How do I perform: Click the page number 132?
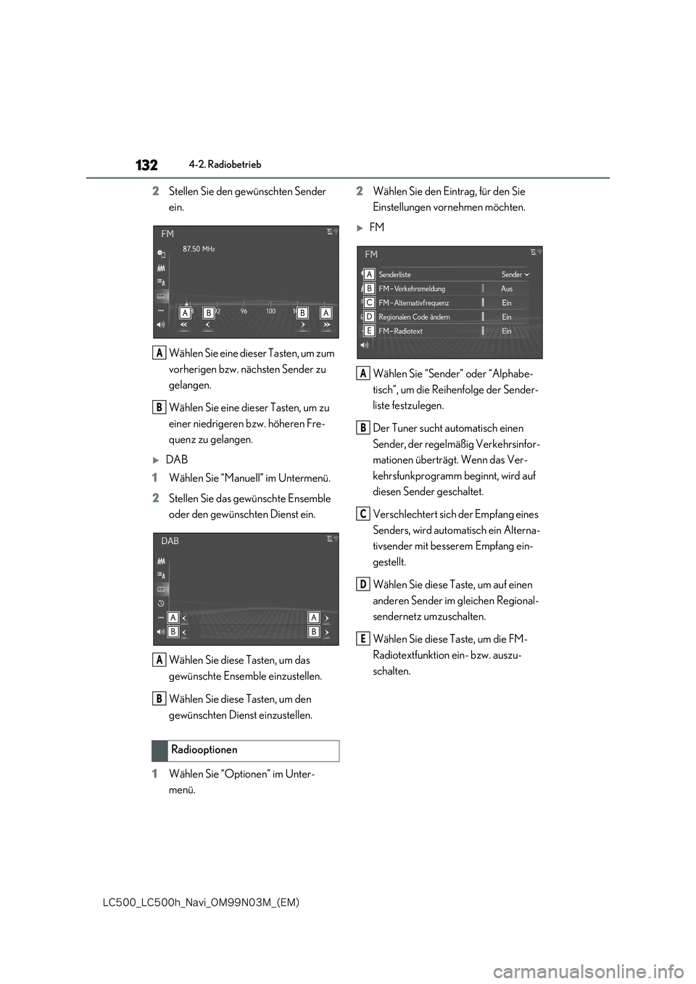(x=146, y=165)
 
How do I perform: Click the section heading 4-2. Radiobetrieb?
(x=225, y=164)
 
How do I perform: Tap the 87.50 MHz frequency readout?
(x=199, y=249)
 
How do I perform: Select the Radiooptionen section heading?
(x=204, y=750)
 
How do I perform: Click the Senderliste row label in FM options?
(x=394, y=275)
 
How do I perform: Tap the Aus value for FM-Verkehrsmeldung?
(x=507, y=288)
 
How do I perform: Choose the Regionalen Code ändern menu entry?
(x=414, y=317)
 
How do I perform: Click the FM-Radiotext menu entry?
(x=400, y=331)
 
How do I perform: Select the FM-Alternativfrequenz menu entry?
(x=413, y=303)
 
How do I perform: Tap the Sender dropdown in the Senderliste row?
(x=515, y=275)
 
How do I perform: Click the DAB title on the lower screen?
(x=170, y=541)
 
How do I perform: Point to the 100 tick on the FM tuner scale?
(x=270, y=312)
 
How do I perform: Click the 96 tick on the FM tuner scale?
(x=244, y=312)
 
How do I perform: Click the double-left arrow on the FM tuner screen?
(x=183, y=326)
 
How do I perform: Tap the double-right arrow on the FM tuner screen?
(x=327, y=326)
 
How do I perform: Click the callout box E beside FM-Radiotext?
(x=369, y=330)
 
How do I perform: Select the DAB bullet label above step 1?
(x=176, y=459)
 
